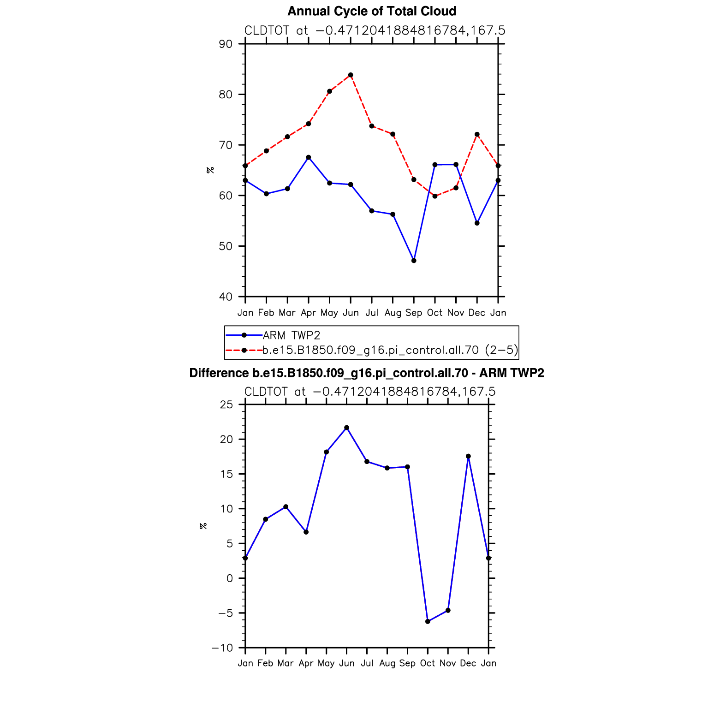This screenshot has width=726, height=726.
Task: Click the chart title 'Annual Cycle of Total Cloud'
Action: (372, 11)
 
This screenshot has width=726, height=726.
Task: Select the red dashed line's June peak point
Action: (351, 75)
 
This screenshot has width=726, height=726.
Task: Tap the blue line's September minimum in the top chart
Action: (414, 261)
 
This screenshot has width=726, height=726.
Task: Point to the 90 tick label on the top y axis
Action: (226, 44)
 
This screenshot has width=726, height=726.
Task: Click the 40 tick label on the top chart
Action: (226, 297)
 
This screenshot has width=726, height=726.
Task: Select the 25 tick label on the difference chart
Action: (226, 405)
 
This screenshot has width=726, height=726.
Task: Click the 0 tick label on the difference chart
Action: (230, 578)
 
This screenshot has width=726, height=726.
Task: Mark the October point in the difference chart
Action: (428, 621)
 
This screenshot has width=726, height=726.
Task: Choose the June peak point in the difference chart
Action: (346, 428)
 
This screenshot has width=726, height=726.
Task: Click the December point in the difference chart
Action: (468, 456)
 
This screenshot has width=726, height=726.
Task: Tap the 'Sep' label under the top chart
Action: (414, 313)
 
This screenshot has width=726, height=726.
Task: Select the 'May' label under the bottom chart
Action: (326, 664)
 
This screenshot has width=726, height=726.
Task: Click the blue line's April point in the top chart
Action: (309, 157)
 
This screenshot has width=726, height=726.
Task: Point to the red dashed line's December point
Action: (477, 134)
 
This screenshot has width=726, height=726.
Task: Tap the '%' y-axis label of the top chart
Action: (210, 170)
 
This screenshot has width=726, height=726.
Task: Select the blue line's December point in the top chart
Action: (477, 223)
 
